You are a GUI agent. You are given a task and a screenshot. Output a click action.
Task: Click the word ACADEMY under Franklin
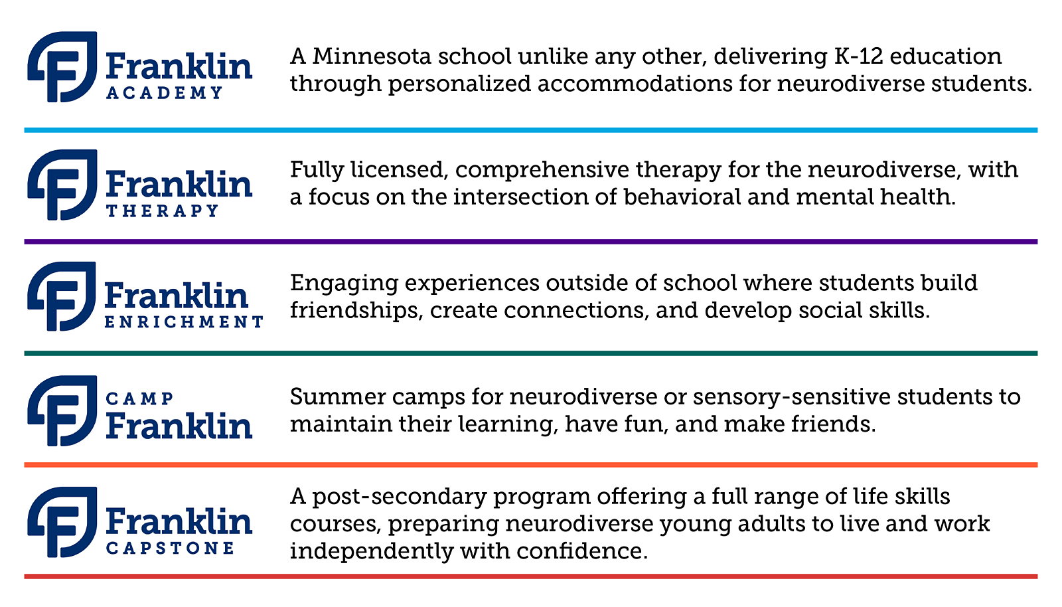tap(164, 92)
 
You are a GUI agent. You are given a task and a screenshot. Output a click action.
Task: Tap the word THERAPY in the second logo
tap(162, 211)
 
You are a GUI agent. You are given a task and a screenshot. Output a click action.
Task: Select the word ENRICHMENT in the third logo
tap(184, 322)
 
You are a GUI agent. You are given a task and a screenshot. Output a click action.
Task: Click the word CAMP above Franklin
tap(139, 399)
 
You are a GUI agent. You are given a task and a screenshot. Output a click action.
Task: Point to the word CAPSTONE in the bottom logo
tap(170, 548)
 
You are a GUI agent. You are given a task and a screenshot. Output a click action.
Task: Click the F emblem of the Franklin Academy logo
tap(63, 67)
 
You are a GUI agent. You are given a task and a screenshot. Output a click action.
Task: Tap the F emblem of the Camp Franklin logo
tap(63, 410)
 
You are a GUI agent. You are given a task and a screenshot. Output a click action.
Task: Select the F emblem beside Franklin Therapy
tap(63, 185)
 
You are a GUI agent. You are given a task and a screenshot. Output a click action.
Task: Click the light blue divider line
tap(531, 130)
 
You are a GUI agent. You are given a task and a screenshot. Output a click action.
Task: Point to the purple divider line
tap(531, 242)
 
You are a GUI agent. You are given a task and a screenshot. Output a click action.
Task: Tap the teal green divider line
tap(531, 353)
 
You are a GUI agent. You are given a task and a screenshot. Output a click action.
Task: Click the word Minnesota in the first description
tap(372, 56)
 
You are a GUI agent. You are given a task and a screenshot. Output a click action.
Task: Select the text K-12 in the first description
tap(858, 56)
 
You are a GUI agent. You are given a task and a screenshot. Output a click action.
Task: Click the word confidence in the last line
tap(581, 551)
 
